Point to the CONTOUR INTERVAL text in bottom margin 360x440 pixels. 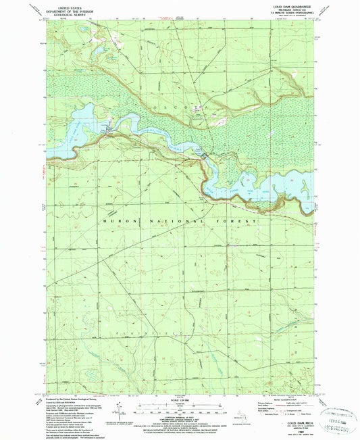point(178,418)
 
